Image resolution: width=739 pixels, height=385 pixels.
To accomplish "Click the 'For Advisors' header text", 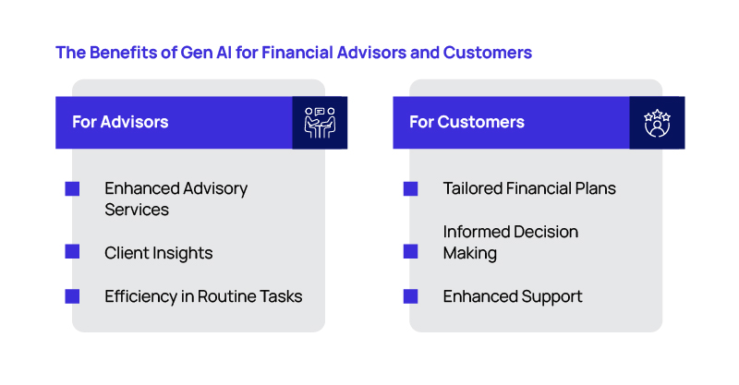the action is tap(120, 122).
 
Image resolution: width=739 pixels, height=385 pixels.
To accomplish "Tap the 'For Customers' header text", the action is tap(466, 122).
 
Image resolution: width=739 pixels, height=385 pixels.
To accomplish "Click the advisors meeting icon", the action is tap(320, 123).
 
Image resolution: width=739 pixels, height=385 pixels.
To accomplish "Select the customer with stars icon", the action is tap(657, 123).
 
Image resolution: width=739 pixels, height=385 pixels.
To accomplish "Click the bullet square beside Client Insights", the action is tap(72, 252).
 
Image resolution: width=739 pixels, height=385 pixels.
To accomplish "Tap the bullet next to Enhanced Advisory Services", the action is tap(72, 188).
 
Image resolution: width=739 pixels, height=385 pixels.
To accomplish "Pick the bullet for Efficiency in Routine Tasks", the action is tap(72, 296).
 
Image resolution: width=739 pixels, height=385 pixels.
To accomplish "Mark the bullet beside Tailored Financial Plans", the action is tap(410, 188).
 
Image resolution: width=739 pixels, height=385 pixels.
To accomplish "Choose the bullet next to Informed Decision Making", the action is tap(410, 252).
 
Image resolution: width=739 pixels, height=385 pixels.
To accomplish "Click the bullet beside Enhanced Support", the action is tap(410, 296).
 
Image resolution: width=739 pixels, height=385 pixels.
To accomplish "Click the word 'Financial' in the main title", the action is tap(297, 53).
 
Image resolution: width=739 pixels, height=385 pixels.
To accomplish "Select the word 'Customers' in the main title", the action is tap(488, 53).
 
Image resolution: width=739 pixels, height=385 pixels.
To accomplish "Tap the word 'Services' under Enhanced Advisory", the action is tap(137, 210).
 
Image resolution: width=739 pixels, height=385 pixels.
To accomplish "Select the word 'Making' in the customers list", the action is tap(470, 254).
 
